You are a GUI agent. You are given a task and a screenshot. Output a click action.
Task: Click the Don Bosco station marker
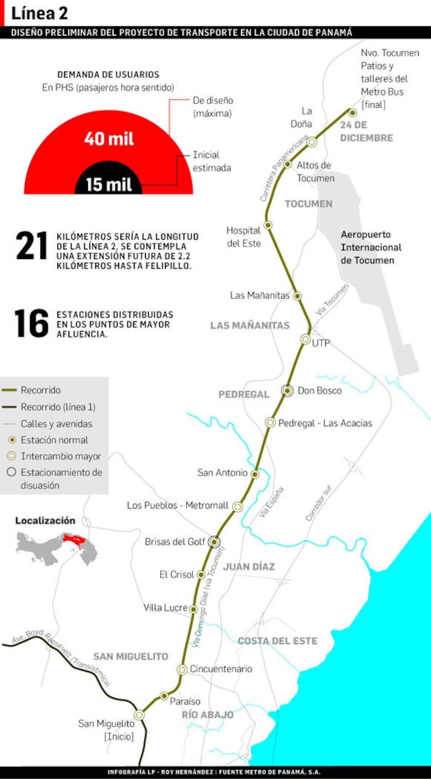click(x=287, y=390)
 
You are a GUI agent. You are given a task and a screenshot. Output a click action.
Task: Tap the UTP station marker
click(x=306, y=339)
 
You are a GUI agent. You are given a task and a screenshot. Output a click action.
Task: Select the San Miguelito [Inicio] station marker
click(x=139, y=714)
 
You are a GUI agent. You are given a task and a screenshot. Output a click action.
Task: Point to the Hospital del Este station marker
click(x=268, y=225)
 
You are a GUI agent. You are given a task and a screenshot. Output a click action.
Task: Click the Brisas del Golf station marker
click(x=214, y=542)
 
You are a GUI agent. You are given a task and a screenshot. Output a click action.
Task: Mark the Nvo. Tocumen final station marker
click(x=353, y=113)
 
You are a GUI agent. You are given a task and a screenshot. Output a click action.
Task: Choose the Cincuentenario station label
click(x=221, y=669)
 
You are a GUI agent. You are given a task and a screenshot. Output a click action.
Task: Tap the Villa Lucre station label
click(x=166, y=608)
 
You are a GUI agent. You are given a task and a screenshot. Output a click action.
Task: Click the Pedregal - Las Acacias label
click(x=325, y=423)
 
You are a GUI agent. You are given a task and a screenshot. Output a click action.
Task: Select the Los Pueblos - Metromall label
click(x=177, y=506)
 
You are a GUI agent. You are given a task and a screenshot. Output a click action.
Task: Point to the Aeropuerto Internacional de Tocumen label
click(x=371, y=247)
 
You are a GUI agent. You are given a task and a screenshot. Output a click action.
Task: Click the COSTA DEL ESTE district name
click(x=277, y=641)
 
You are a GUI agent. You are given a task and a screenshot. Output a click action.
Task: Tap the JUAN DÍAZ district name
click(x=249, y=567)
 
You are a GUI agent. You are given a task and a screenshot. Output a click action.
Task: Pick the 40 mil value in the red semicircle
click(x=109, y=139)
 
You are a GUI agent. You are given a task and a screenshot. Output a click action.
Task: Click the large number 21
click(x=31, y=246)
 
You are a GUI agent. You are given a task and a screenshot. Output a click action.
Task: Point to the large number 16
click(x=31, y=324)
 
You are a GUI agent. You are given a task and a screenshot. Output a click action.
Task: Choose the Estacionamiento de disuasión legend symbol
click(x=11, y=473)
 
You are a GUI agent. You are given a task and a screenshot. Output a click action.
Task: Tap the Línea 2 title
click(x=40, y=13)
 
